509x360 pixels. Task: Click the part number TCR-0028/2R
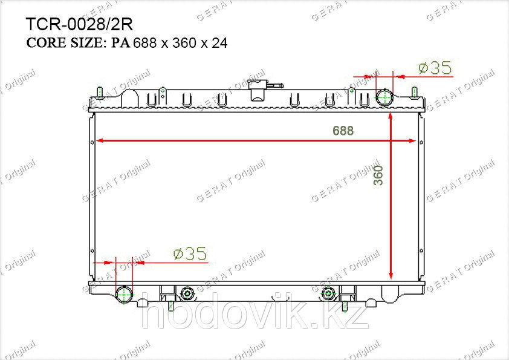coord(79,24)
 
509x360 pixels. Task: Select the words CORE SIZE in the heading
coord(64,43)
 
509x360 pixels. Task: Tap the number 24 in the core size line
coord(219,43)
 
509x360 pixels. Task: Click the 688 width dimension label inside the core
coord(343,131)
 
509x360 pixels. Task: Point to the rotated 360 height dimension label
coord(378,175)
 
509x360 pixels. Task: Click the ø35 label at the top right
coord(435,68)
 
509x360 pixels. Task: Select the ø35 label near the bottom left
coord(190,254)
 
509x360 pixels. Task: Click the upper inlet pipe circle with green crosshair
coord(384,97)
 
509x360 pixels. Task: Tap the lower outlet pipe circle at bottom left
coord(125,294)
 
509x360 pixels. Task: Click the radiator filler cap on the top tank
coord(258,90)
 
